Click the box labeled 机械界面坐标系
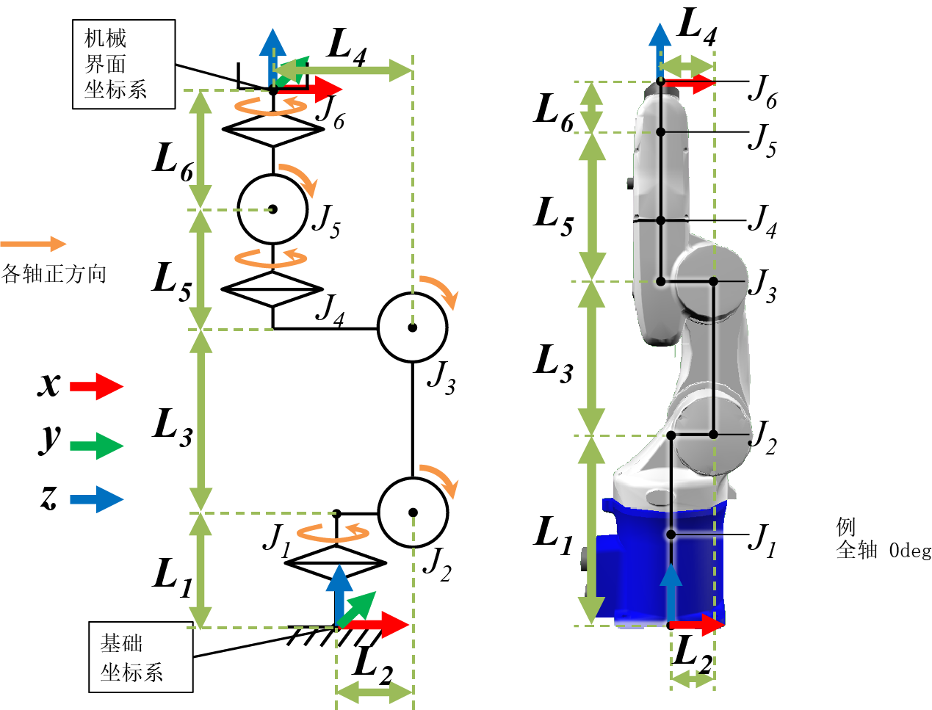pyautogui.click(x=123, y=65)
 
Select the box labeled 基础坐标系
pyautogui.click(x=141, y=657)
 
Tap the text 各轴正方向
pyautogui.click(x=54, y=274)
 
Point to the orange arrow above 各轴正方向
pyautogui.click(x=33, y=244)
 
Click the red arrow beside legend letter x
pyautogui.click(x=96, y=386)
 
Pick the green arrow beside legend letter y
pyautogui.click(x=96, y=446)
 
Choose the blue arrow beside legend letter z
pyautogui.click(x=96, y=499)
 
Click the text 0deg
pyautogui.click(x=909, y=550)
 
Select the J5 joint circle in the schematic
pyautogui.click(x=272, y=209)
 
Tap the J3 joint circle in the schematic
pyautogui.click(x=413, y=327)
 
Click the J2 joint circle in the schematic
pyautogui.click(x=413, y=512)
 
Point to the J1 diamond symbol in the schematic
pyautogui.click(x=336, y=563)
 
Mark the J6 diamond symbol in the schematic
pyautogui.click(x=272, y=129)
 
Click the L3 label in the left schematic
pyautogui.click(x=173, y=427)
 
